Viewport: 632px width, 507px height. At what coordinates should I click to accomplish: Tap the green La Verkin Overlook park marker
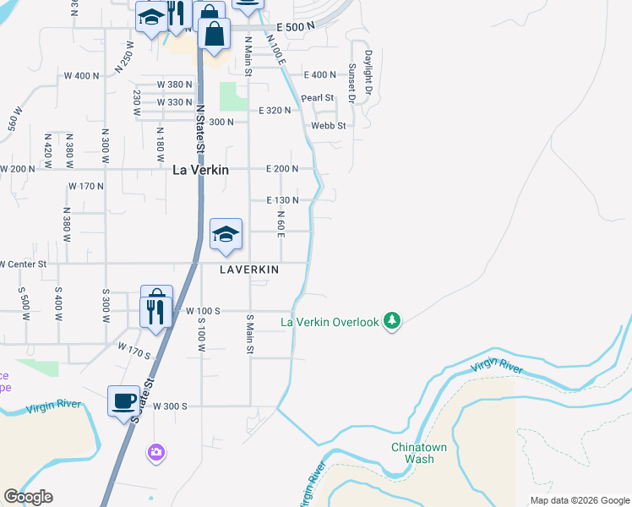click(391, 321)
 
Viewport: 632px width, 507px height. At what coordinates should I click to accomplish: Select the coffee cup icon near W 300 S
click(124, 401)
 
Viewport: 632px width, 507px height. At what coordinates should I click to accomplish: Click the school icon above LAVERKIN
click(226, 234)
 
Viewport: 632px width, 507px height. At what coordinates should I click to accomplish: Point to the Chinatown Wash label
click(412, 453)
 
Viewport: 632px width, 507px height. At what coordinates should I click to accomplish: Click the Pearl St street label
click(318, 98)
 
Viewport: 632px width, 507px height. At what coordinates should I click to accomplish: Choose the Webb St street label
click(329, 126)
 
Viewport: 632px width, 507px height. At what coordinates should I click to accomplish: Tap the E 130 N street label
click(282, 200)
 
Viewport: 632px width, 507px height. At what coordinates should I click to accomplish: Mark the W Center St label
click(34, 264)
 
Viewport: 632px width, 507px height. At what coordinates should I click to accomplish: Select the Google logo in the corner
click(28, 497)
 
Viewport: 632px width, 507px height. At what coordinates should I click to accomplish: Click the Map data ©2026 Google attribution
click(579, 500)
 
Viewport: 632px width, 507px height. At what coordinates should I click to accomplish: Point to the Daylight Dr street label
click(369, 73)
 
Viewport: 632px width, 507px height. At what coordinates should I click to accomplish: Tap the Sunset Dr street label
click(351, 83)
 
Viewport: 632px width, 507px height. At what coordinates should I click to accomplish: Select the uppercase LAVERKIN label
click(249, 270)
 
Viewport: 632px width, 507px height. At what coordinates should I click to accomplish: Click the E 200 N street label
click(282, 169)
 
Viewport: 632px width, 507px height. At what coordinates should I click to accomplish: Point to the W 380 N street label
click(175, 84)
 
